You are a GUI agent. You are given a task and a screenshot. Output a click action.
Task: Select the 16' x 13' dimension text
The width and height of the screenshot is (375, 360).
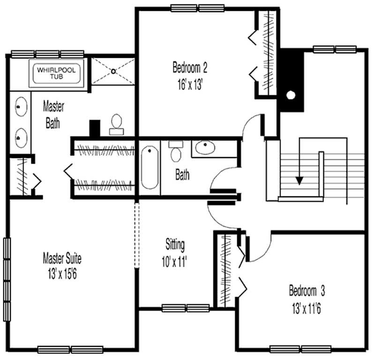190,85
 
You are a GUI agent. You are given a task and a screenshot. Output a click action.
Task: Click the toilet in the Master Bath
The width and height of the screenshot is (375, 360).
116,123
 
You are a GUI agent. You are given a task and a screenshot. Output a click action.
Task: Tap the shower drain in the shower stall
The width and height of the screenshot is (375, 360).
113,71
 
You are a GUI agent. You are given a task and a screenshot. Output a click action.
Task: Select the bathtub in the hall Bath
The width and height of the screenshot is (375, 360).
150,167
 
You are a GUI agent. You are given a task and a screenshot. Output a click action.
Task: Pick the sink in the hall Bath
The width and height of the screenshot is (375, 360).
205,149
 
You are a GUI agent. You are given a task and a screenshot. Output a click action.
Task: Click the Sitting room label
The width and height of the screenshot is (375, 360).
175,244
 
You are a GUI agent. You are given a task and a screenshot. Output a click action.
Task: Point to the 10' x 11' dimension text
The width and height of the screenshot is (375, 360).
175,261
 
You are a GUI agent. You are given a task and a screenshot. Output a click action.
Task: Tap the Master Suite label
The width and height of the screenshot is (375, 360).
62,258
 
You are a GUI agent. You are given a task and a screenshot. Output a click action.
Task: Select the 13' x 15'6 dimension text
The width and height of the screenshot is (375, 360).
60,274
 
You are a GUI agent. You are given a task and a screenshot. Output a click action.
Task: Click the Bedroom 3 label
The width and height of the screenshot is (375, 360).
307,291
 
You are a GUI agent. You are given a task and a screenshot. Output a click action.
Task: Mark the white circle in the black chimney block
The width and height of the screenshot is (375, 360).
291,96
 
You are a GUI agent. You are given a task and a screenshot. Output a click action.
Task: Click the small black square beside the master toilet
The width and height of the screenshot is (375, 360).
95,127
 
